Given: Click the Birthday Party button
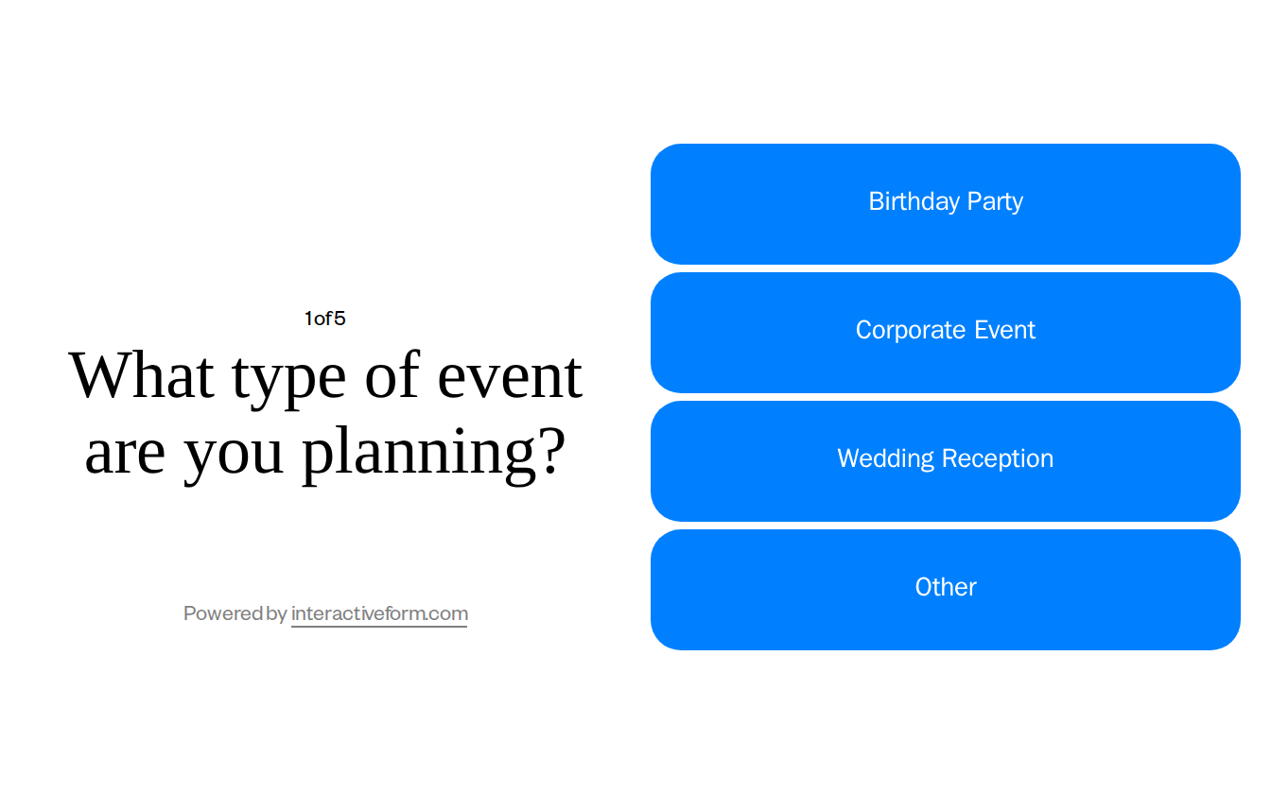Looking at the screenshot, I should pos(945,204).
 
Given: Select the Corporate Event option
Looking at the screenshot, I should pos(945,333).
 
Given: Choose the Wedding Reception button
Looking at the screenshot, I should pos(945,461).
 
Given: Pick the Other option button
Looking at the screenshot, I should pos(945,590).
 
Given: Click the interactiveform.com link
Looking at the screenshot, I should pos(379,613).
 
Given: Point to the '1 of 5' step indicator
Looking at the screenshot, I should pos(324,319).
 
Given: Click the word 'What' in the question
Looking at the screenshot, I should pos(142,375).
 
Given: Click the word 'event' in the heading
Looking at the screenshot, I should pos(510,375).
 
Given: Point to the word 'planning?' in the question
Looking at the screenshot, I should pos(433,454).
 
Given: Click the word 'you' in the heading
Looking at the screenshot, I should pos(234,456).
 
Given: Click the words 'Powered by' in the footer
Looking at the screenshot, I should pos(235,613).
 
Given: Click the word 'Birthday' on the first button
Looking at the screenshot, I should pos(914,201).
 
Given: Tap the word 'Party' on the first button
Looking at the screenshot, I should pos(995,201).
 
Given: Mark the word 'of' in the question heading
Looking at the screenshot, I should pos(392,375).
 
